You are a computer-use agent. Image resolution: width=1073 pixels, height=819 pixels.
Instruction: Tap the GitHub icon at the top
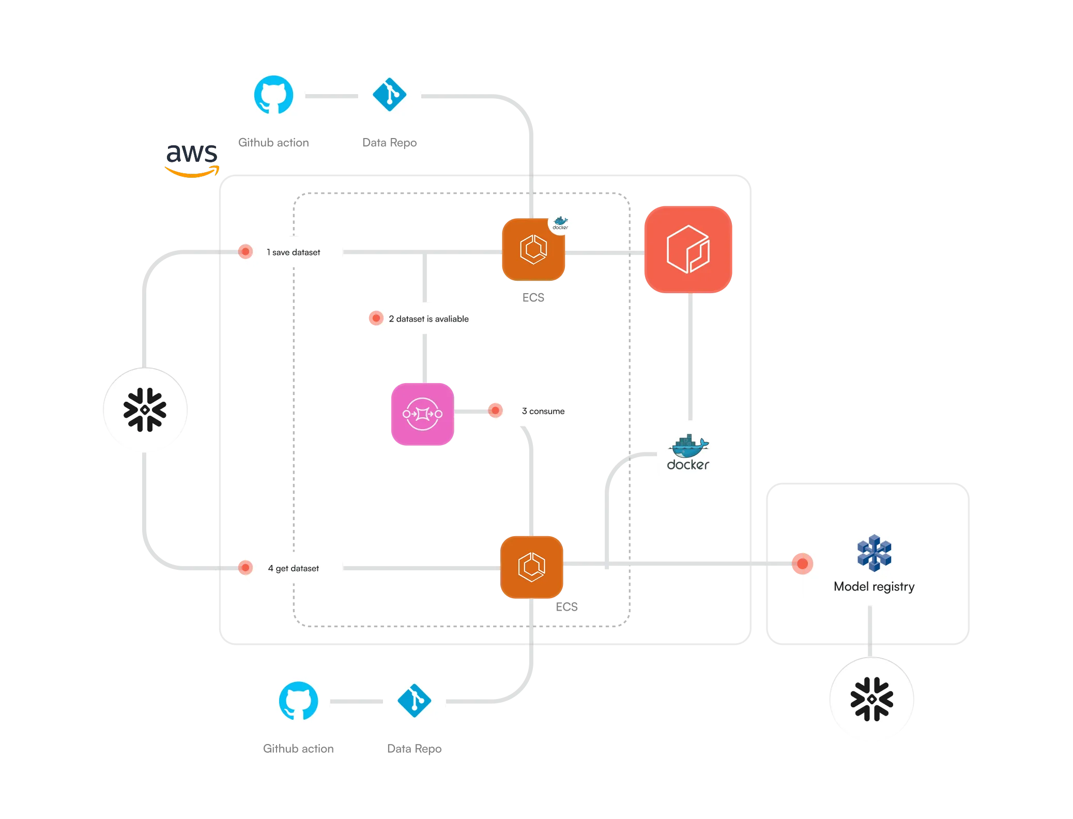(x=273, y=95)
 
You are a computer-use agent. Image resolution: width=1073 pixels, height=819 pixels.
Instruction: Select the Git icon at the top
(x=389, y=95)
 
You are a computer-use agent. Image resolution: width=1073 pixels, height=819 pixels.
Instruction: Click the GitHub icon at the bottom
(x=298, y=701)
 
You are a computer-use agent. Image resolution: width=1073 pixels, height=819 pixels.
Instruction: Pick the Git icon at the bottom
(x=414, y=701)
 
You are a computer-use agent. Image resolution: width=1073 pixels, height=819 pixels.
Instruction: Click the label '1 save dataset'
(x=293, y=252)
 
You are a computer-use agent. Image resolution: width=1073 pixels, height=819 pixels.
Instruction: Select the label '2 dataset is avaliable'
(x=428, y=319)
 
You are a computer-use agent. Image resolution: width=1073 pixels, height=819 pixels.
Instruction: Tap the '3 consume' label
(x=543, y=411)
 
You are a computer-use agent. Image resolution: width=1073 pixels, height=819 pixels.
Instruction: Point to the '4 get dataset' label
(x=293, y=568)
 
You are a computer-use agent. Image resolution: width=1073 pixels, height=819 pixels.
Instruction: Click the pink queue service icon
(x=422, y=414)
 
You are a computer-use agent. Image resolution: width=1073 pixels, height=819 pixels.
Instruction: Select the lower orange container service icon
(x=532, y=567)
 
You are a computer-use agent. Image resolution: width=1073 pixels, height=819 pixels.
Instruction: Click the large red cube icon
(x=688, y=249)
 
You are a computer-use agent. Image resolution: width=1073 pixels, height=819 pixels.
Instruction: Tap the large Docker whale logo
(x=688, y=451)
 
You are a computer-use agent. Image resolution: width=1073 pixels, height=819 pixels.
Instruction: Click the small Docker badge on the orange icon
(x=561, y=222)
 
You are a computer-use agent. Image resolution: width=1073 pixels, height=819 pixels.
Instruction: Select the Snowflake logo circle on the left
(x=145, y=410)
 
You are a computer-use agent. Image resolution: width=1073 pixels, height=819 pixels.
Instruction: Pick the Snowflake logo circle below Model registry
(x=872, y=700)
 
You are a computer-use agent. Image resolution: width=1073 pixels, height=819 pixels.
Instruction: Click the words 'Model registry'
(x=874, y=586)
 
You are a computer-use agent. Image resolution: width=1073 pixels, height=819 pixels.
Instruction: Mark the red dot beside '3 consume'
(x=495, y=411)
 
